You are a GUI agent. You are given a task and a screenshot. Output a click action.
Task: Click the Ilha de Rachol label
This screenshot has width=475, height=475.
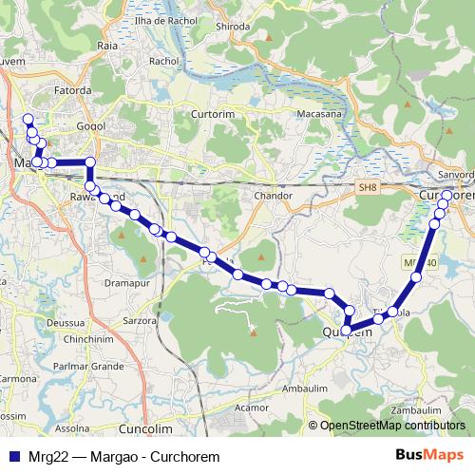point(165,20)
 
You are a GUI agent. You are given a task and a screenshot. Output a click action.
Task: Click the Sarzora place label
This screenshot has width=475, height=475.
point(140,321)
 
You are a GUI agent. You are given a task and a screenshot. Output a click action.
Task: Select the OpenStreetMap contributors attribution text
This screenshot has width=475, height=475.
point(392,426)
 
